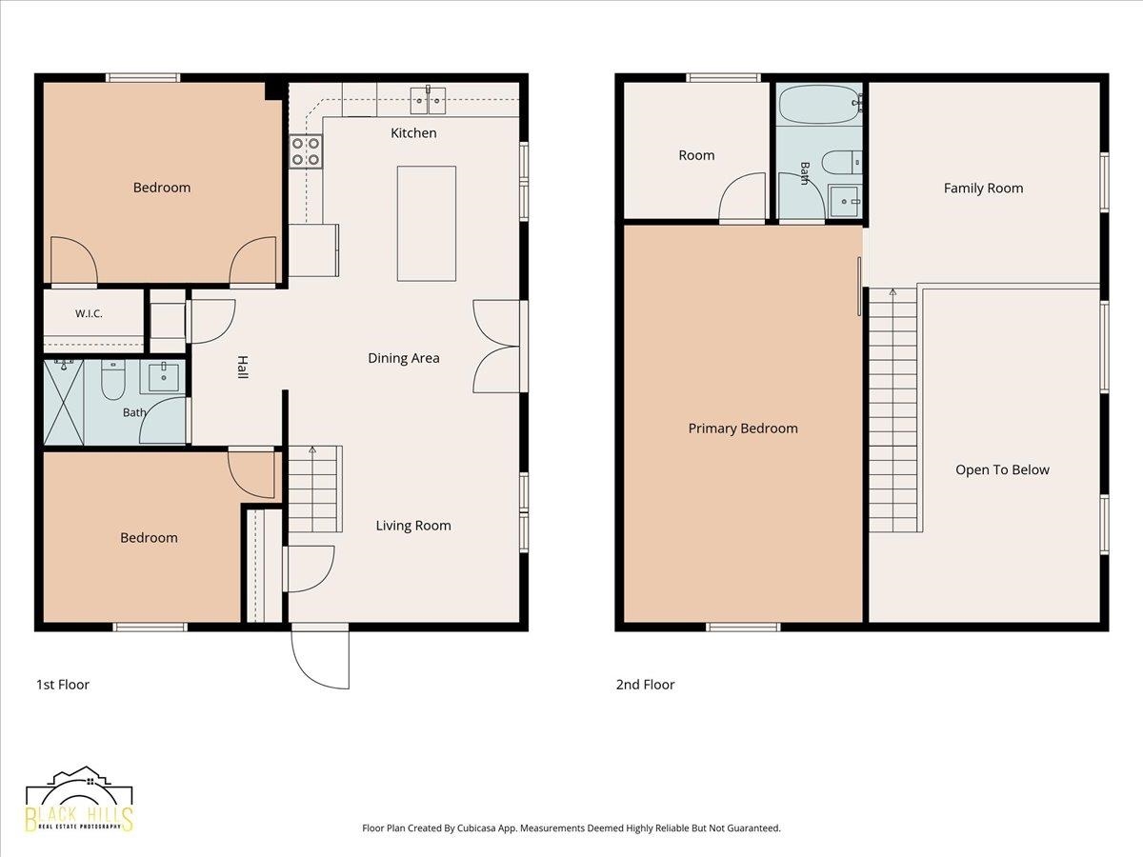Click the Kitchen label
point(413,133)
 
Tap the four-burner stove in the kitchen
point(306,151)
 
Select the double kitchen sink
point(428,100)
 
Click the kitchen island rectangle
point(427,224)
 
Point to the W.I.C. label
point(89,314)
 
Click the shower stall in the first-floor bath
point(64,402)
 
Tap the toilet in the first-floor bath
point(113,380)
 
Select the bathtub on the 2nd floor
point(819,105)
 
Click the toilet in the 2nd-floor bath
point(841,162)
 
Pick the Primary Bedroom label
point(743,428)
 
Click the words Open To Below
point(1002,469)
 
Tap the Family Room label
point(983,189)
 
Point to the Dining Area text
point(404,358)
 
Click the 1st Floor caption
point(63,685)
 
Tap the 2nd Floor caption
point(645,685)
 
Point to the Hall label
point(243,368)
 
